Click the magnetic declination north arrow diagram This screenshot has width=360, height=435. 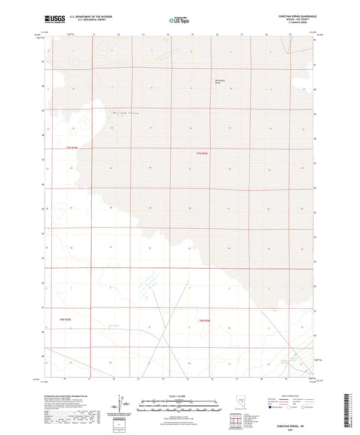click(124, 405)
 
